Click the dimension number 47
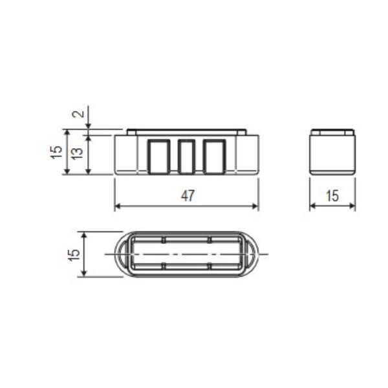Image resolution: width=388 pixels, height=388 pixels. [x=188, y=195]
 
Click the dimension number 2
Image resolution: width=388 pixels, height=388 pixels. [x=78, y=114]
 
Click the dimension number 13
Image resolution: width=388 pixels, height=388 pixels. [x=78, y=153]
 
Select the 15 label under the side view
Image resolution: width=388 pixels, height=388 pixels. [x=332, y=196]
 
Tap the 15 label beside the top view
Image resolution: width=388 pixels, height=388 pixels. [x=74, y=255]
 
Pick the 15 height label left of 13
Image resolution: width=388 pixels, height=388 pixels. [x=56, y=152]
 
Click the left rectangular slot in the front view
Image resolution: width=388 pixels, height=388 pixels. [x=158, y=156]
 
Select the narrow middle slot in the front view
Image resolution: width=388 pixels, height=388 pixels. [x=187, y=156]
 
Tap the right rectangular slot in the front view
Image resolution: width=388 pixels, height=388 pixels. [x=215, y=156]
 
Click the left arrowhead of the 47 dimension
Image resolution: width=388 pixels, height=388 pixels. [x=118, y=206]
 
